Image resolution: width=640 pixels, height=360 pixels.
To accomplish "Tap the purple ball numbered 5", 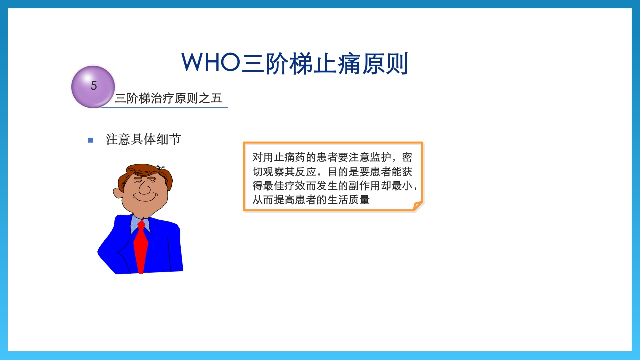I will (x=93, y=86).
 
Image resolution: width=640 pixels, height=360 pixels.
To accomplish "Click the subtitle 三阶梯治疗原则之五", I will (x=168, y=98).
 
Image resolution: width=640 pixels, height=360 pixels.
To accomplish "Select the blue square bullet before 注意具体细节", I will (x=90, y=140).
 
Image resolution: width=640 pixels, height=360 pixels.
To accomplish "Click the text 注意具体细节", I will (x=143, y=139).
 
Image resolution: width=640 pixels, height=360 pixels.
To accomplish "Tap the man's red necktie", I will (x=141, y=247).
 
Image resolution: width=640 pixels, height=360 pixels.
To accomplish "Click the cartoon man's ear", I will (x=119, y=192).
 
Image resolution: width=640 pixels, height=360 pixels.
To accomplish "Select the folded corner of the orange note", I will (x=417, y=205).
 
